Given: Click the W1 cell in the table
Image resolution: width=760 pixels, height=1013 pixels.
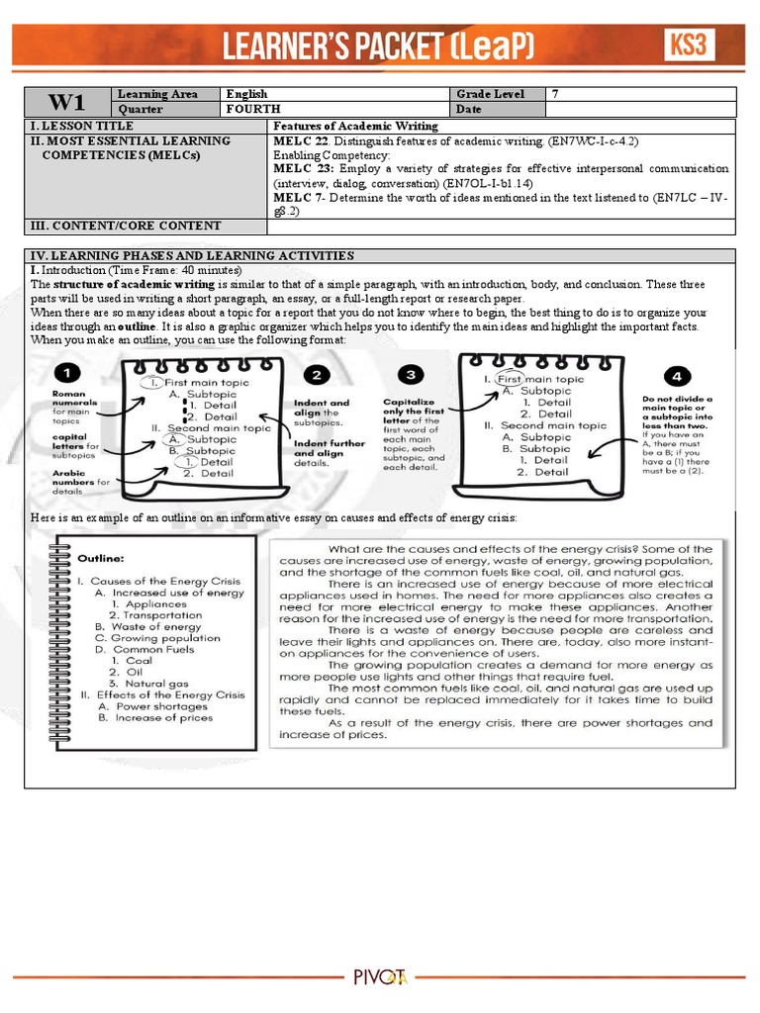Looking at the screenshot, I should tap(67, 102).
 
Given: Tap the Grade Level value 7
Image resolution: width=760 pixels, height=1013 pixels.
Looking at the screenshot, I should tap(555, 94).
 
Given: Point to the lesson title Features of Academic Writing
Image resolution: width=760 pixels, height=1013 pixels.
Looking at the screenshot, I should tap(355, 127).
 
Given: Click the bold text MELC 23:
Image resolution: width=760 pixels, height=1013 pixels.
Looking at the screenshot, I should tap(299, 169).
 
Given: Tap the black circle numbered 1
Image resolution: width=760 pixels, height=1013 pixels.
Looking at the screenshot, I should tap(67, 374).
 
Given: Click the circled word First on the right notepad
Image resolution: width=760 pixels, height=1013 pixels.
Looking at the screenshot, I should tap(509, 379).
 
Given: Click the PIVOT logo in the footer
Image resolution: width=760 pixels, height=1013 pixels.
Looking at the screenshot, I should tap(380, 977).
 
